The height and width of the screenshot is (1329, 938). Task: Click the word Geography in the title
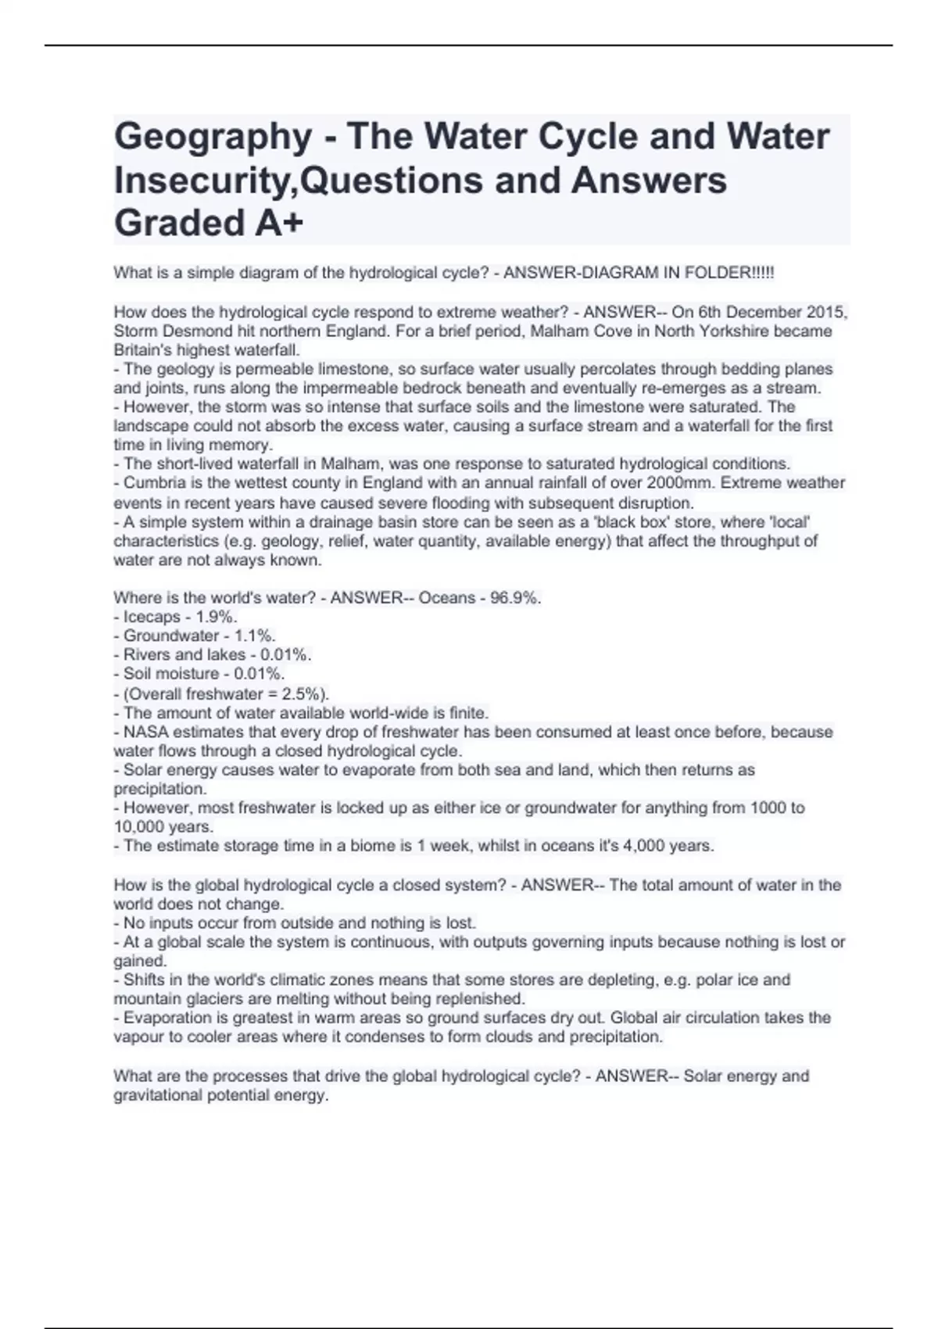click(x=213, y=137)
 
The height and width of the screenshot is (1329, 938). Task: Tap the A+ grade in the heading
click(x=279, y=223)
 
